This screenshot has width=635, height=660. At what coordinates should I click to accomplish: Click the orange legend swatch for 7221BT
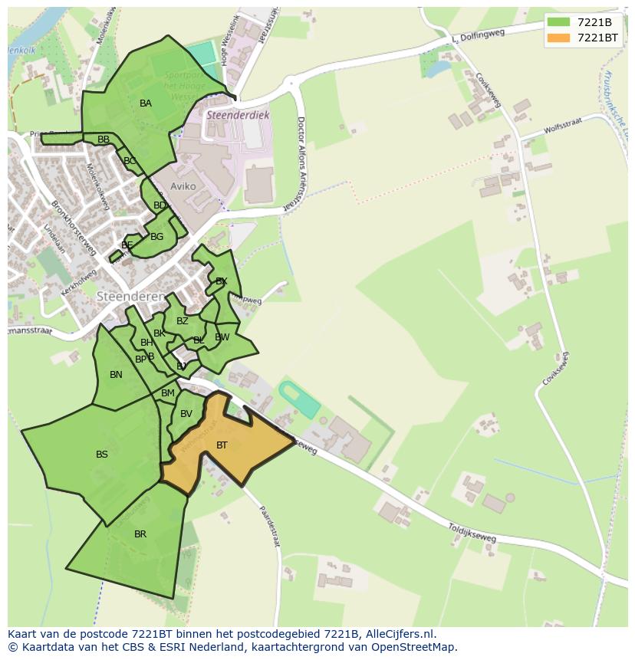coord(558,37)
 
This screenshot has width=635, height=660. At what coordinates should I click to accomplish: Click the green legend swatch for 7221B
coord(558,21)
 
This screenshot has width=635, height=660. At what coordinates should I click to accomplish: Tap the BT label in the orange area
coord(222,445)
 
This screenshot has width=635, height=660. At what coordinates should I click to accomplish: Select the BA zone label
coord(146,103)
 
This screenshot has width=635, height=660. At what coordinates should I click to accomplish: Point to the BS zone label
coord(102,455)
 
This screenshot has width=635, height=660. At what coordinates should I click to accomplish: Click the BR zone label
coord(140,534)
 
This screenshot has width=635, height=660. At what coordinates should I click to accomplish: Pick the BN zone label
coord(116,375)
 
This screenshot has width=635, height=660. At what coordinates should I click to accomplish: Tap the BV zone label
coord(186,414)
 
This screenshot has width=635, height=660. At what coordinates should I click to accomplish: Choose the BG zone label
coord(157,237)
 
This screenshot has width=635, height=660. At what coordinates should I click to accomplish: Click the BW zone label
coord(222,337)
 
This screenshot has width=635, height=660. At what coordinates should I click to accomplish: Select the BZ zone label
coord(183,321)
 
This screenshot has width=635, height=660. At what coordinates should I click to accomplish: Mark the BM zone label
coord(168,393)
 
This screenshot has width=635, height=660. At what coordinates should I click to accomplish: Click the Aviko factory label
coord(184,186)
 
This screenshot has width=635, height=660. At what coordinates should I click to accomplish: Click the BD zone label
coord(160,205)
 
